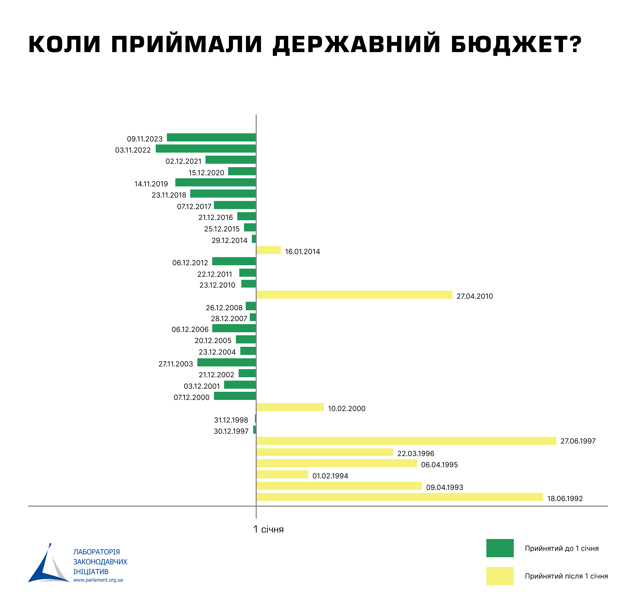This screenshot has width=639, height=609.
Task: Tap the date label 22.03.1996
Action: tap(416, 454)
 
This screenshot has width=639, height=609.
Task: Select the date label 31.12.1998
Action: tap(231, 420)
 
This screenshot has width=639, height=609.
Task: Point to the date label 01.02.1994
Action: tap(330, 476)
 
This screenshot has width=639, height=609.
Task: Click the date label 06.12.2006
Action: tap(190, 330)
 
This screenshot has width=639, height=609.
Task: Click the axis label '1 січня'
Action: tap(268, 529)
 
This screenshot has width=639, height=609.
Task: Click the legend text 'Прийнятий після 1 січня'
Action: tap(566, 576)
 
